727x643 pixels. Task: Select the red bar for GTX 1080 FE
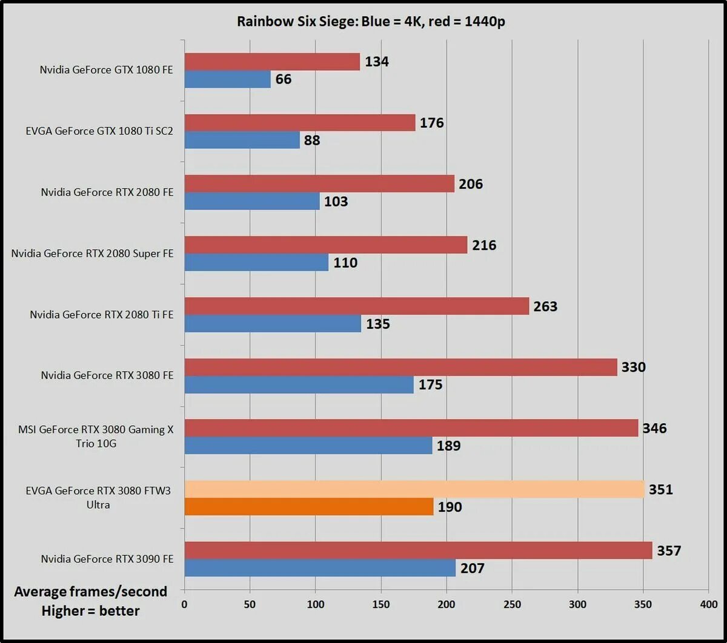click(272, 62)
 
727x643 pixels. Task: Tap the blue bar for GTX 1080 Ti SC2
click(242, 140)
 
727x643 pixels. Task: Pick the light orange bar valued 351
click(414, 489)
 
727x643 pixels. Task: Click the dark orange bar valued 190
click(309, 507)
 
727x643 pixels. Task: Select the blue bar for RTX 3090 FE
click(320, 568)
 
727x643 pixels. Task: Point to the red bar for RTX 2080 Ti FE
click(357, 306)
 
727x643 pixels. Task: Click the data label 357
click(669, 551)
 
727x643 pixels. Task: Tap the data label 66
click(284, 79)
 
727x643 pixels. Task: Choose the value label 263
click(545, 306)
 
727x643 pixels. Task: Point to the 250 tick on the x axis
click(512, 604)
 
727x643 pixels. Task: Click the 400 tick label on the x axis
click(708, 604)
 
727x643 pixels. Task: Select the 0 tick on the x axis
click(184, 604)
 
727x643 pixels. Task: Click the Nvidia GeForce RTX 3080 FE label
click(107, 375)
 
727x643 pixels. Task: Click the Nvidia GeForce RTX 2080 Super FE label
click(92, 253)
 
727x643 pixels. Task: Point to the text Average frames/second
click(90, 592)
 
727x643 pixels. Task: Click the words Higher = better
click(90, 612)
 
